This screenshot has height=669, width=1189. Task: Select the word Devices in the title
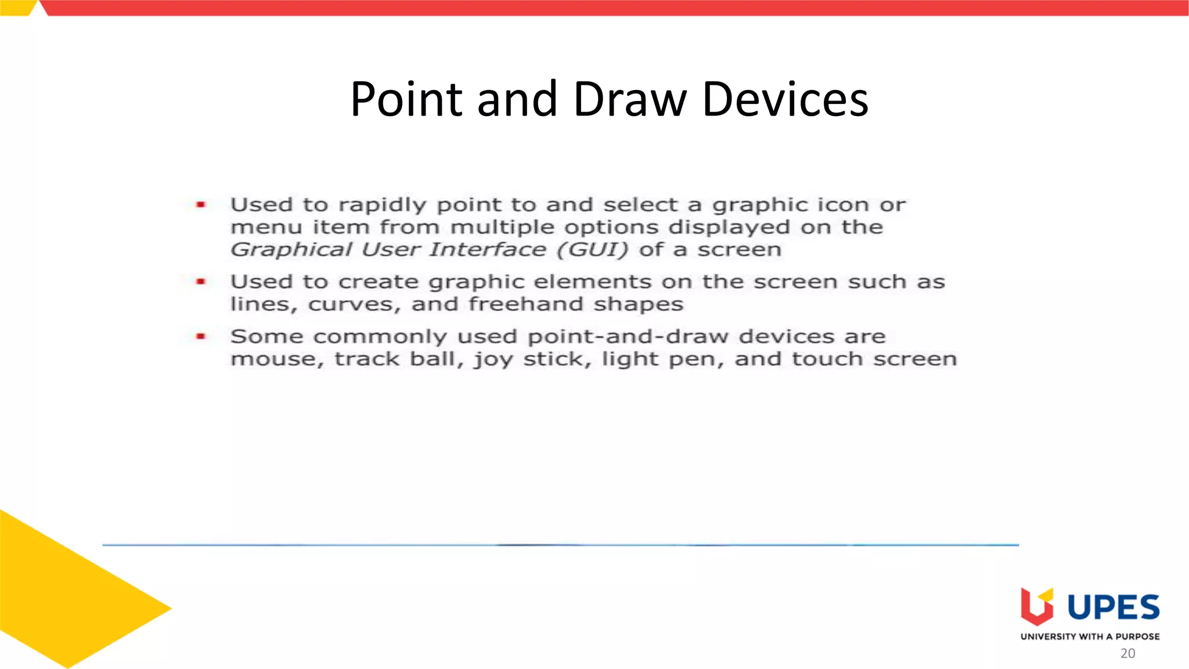(785, 99)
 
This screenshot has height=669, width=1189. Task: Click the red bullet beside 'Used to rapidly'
(201, 204)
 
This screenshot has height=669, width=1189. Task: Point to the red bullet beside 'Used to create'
(201, 282)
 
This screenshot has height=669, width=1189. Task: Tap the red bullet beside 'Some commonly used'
(201, 336)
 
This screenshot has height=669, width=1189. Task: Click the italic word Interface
(488, 250)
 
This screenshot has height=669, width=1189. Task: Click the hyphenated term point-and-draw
(628, 337)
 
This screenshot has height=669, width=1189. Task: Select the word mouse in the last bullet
(276, 359)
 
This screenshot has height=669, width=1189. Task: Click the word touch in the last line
(827, 359)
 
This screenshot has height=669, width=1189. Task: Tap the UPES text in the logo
(1113, 607)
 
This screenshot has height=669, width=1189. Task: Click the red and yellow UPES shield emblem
(1037, 606)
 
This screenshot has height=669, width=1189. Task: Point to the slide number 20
(1127, 653)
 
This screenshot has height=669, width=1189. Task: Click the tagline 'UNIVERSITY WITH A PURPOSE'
(1090, 636)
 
